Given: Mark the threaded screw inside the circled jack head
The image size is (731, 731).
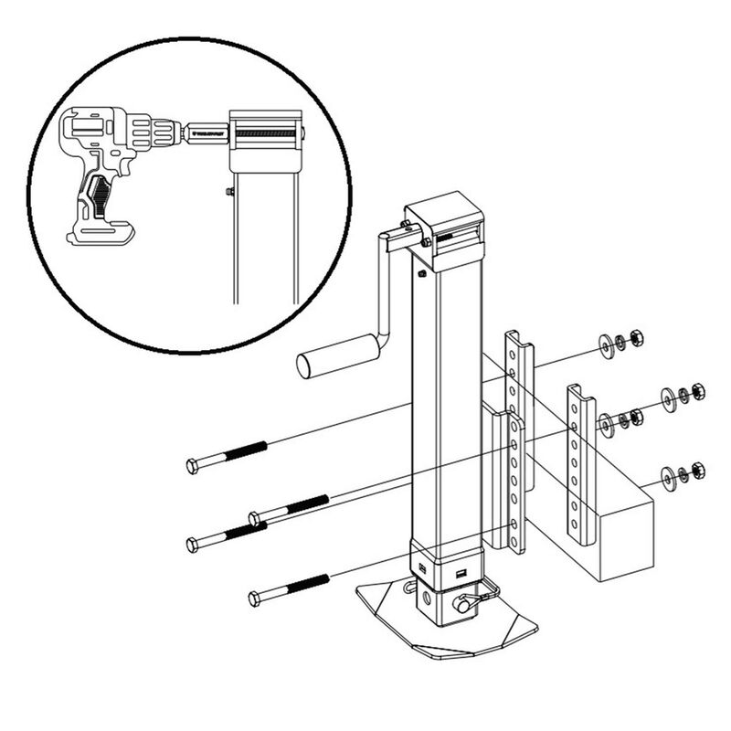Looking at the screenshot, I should (266, 134).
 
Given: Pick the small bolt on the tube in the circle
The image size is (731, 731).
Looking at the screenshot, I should (229, 192).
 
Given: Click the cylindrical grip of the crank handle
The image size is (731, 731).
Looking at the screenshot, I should (337, 355).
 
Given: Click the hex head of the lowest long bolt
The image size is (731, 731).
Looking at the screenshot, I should (255, 599).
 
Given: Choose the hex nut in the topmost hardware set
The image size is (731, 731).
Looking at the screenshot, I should (638, 338).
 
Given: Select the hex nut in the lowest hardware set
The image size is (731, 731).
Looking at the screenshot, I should (698, 471).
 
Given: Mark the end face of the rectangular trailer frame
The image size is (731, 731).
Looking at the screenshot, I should (622, 539).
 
